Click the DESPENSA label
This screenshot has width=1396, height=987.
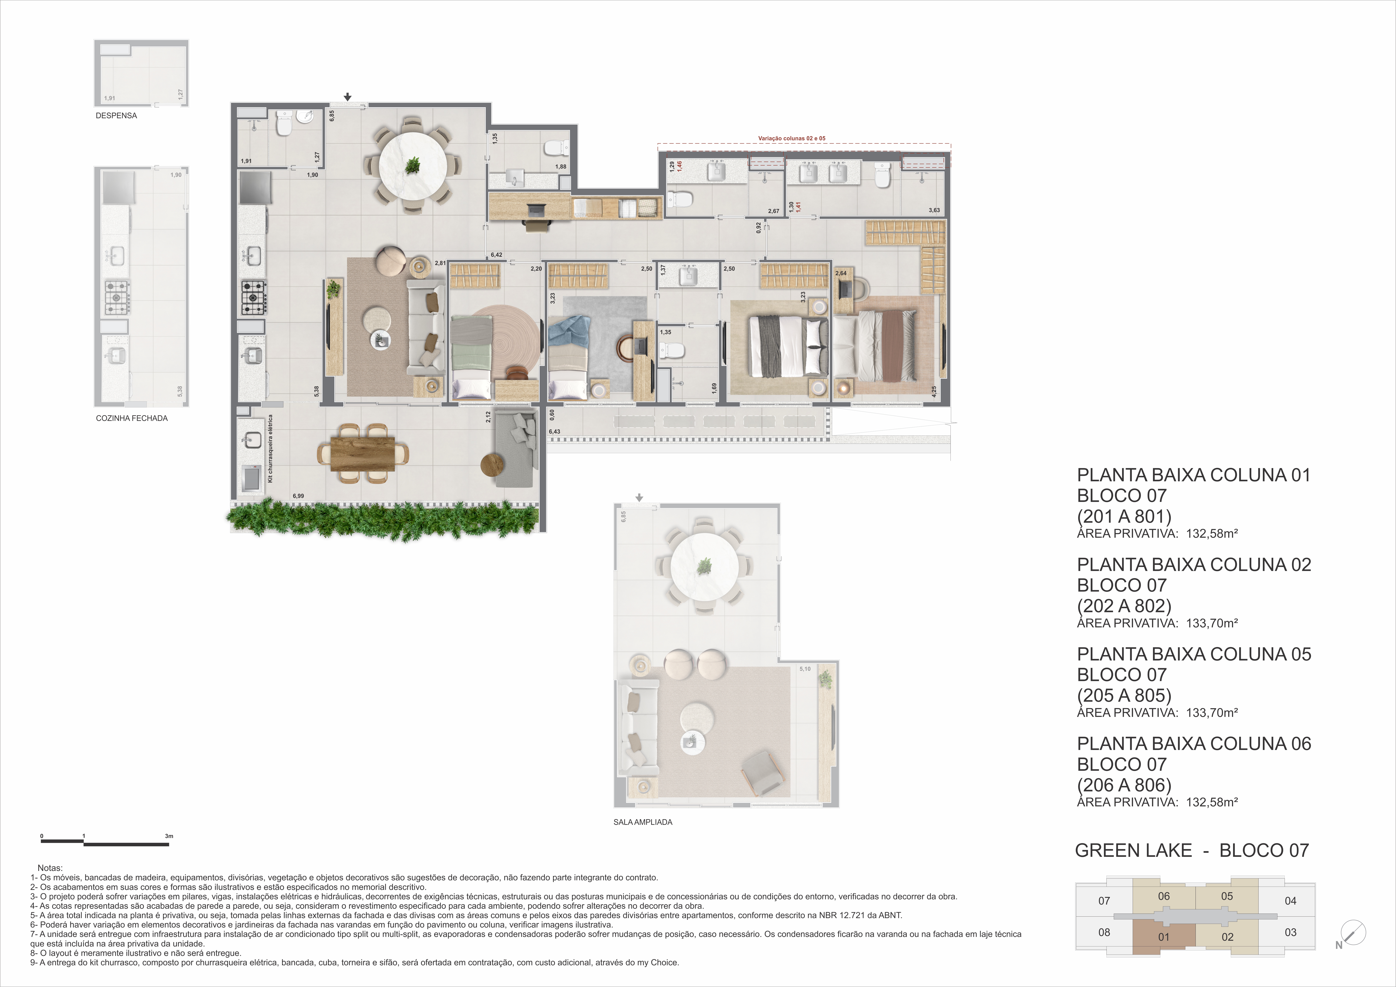click(116, 116)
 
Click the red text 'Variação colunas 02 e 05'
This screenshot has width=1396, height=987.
click(792, 138)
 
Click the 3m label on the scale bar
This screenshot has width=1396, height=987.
click(169, 836)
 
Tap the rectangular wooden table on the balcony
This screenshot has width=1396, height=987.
click(363, 454)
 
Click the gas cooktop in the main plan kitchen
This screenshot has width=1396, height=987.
click(253, 297)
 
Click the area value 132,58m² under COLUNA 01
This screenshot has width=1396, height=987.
click(1212, 534)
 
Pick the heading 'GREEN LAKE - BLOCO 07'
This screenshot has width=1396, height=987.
click(1192, 850)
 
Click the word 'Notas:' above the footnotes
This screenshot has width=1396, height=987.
click(50, 868)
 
